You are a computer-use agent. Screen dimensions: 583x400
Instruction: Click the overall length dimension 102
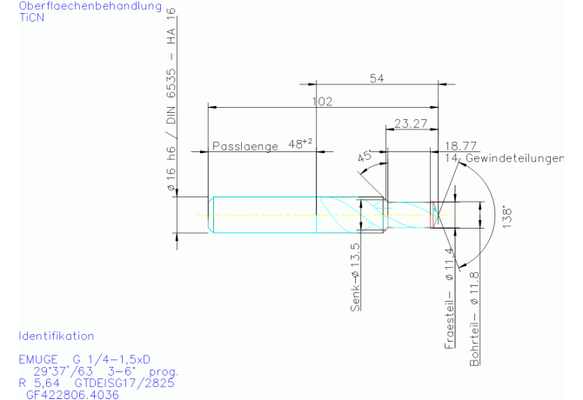pos(322,102)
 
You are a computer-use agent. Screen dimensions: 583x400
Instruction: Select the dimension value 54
pos(377,78)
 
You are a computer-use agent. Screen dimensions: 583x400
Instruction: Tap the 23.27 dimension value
pos(411,123)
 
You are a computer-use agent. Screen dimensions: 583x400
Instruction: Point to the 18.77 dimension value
pos(460,146)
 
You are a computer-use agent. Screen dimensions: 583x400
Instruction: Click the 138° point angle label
pos(507,217)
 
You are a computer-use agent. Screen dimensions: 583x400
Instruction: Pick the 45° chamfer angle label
pos(365,156)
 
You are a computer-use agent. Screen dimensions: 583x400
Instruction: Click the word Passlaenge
pos(245,146)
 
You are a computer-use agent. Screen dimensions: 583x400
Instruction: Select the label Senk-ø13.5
pos(355,277)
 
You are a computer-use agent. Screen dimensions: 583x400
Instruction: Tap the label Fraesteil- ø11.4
pos(450,298)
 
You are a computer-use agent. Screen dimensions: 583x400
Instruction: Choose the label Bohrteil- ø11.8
pos(474,318)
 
